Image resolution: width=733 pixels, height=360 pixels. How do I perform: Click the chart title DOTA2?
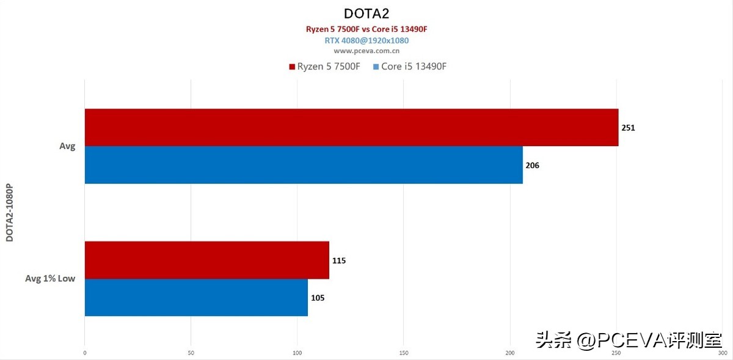367,13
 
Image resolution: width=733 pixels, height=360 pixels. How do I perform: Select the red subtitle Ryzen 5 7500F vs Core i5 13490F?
366,29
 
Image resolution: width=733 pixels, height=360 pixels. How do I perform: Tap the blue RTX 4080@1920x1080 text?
366,40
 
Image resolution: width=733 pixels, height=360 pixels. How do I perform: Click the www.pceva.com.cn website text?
366,51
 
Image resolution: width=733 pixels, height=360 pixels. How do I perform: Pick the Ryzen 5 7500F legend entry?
324,66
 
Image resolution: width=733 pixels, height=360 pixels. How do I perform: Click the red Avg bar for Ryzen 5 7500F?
351,127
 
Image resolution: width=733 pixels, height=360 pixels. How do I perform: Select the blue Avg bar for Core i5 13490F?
304,165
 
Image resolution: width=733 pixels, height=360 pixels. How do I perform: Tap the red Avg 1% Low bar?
206,260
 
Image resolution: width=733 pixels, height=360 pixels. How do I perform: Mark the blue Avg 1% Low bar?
196,298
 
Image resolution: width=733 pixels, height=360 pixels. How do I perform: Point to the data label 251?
629,128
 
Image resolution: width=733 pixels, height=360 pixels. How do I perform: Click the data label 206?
533,165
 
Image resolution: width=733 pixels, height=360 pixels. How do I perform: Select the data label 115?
339,260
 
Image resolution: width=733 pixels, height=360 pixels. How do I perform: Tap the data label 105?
318,298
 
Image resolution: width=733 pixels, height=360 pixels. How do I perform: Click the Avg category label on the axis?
67,147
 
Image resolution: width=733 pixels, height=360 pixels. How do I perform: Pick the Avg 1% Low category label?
50,279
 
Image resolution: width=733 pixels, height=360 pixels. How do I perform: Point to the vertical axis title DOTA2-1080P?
10,211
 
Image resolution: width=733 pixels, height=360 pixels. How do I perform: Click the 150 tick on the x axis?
403,353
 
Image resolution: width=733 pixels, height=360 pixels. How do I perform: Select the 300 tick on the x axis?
722,353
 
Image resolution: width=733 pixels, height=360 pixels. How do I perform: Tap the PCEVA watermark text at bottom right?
629,339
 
